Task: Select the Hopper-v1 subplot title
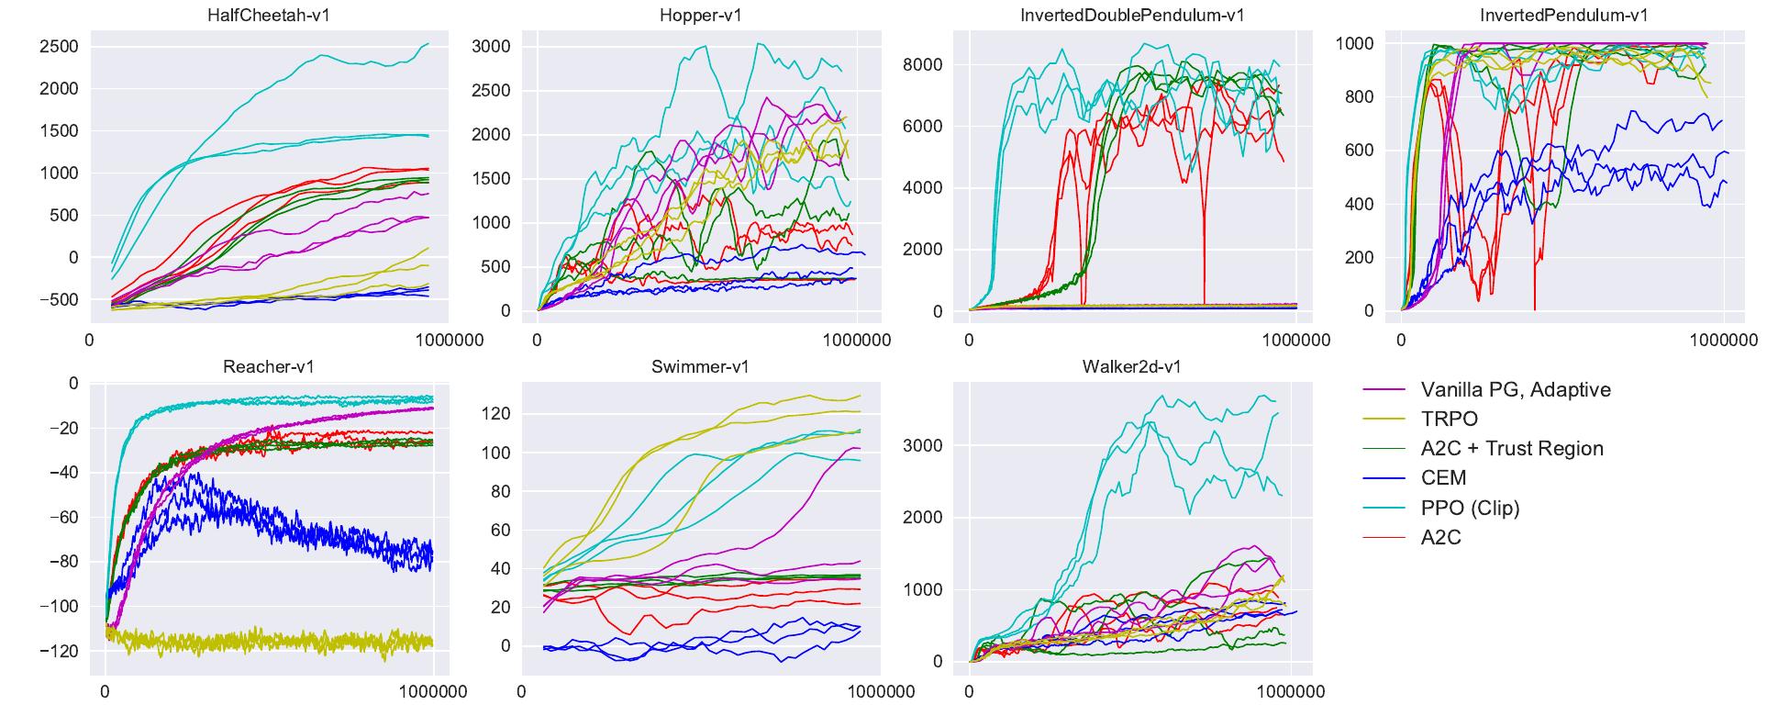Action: click(700, 16)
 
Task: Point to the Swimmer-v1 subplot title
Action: click(700, 366)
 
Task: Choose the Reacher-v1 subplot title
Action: click(269, 366)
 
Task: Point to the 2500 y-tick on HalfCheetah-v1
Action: click(59, 47)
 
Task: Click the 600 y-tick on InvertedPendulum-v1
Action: click(1358, 151)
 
